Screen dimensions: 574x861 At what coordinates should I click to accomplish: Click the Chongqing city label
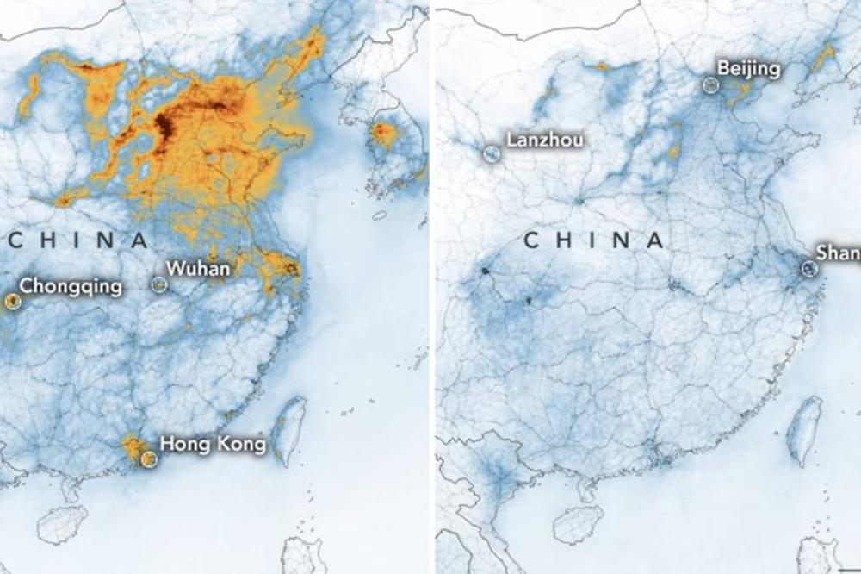tap(70, 286)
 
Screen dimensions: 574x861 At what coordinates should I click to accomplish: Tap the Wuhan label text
tap(198, 269)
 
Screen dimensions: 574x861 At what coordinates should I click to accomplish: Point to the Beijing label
tap(748, 69)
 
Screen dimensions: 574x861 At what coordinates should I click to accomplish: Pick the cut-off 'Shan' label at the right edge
tap(838, 253)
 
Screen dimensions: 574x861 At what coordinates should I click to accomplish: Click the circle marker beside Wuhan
tap(158, 284)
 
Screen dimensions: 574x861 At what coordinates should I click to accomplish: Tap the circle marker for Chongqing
tap(11, 301)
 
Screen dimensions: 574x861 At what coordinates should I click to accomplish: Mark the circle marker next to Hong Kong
tap(149, 459)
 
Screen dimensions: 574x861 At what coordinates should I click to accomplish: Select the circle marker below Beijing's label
tap(710, 84)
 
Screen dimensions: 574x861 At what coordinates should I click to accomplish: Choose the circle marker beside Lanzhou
tap(491, 154)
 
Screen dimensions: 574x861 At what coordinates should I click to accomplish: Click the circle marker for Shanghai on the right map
tap(809, 269)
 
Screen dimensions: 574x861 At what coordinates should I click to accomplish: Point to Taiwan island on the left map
tap(288, 428)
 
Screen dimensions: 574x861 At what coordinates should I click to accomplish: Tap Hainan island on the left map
tap(63, 523)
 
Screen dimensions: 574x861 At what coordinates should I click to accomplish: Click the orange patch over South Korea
tap(384, 134)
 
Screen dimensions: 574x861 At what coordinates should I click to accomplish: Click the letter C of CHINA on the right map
tap(533, 241)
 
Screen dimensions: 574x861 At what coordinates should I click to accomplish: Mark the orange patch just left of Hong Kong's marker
tap(133, 446)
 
